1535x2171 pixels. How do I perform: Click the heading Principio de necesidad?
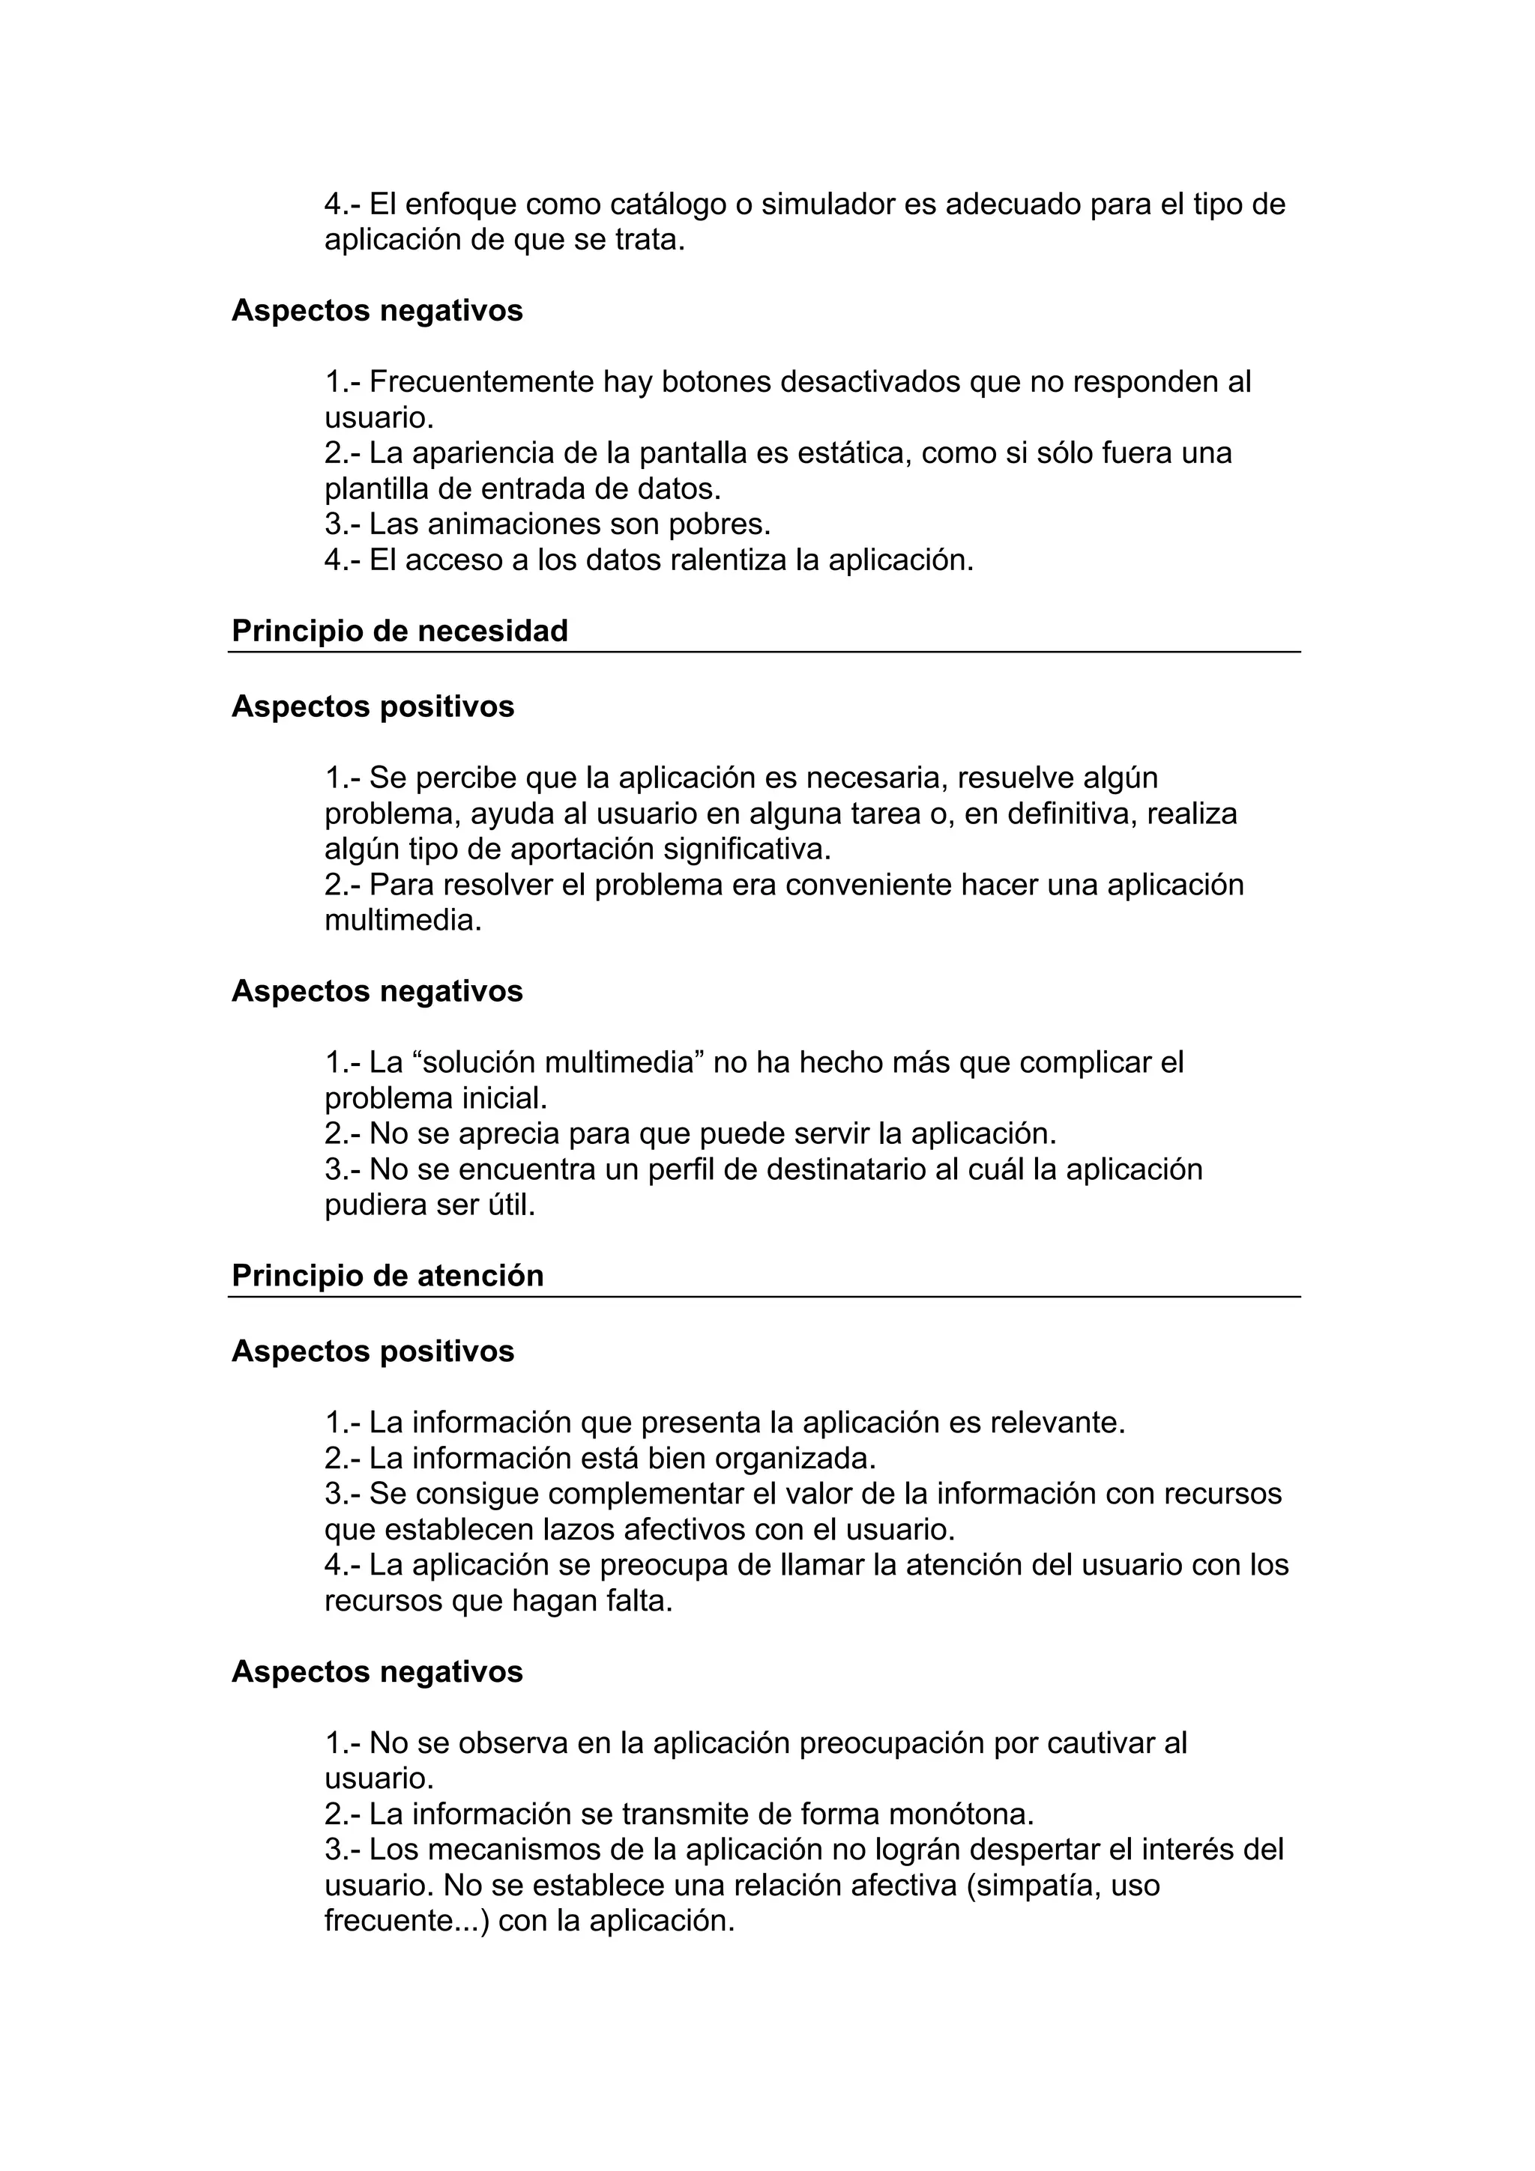[399, 631]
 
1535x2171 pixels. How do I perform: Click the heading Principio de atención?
[387, 1276]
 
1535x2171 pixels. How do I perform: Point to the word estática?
[855, 453]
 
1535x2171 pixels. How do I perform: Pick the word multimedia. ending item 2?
[403, 920]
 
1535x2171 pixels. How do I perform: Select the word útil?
[513, 1205]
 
